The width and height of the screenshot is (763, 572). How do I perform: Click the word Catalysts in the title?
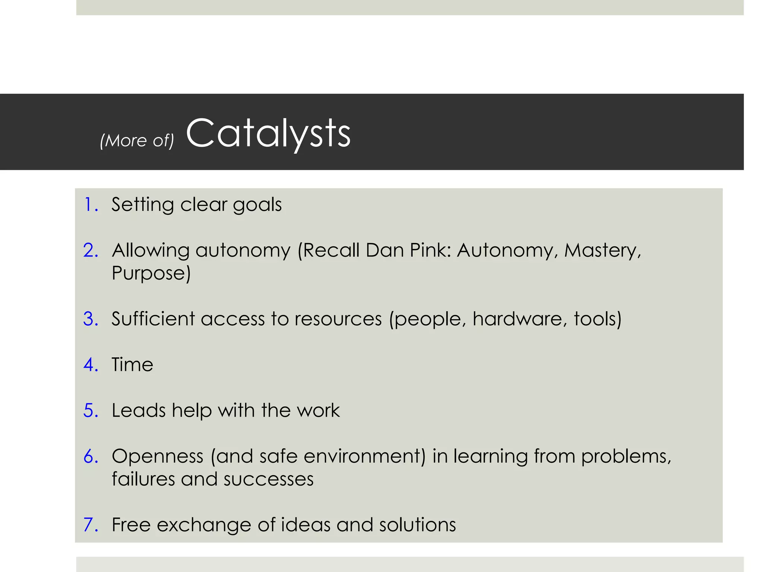tap(268, 133)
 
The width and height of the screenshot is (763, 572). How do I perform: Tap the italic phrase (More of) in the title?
tap(137, 140)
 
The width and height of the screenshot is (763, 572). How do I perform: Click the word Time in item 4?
tap(132, 364)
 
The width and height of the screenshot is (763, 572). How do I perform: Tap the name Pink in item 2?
tap(430, 250)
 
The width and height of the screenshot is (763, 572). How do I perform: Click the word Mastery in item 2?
tap(602, 250)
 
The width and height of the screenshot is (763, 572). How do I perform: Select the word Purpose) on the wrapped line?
tap(151, 273)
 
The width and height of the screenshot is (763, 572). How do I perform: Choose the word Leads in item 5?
tap(138, 410)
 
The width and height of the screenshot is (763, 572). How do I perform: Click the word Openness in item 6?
tap(158, 456)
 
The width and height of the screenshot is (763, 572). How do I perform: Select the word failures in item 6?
tap(143, 479)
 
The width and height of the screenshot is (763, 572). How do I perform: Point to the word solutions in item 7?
tap(417, 524)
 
